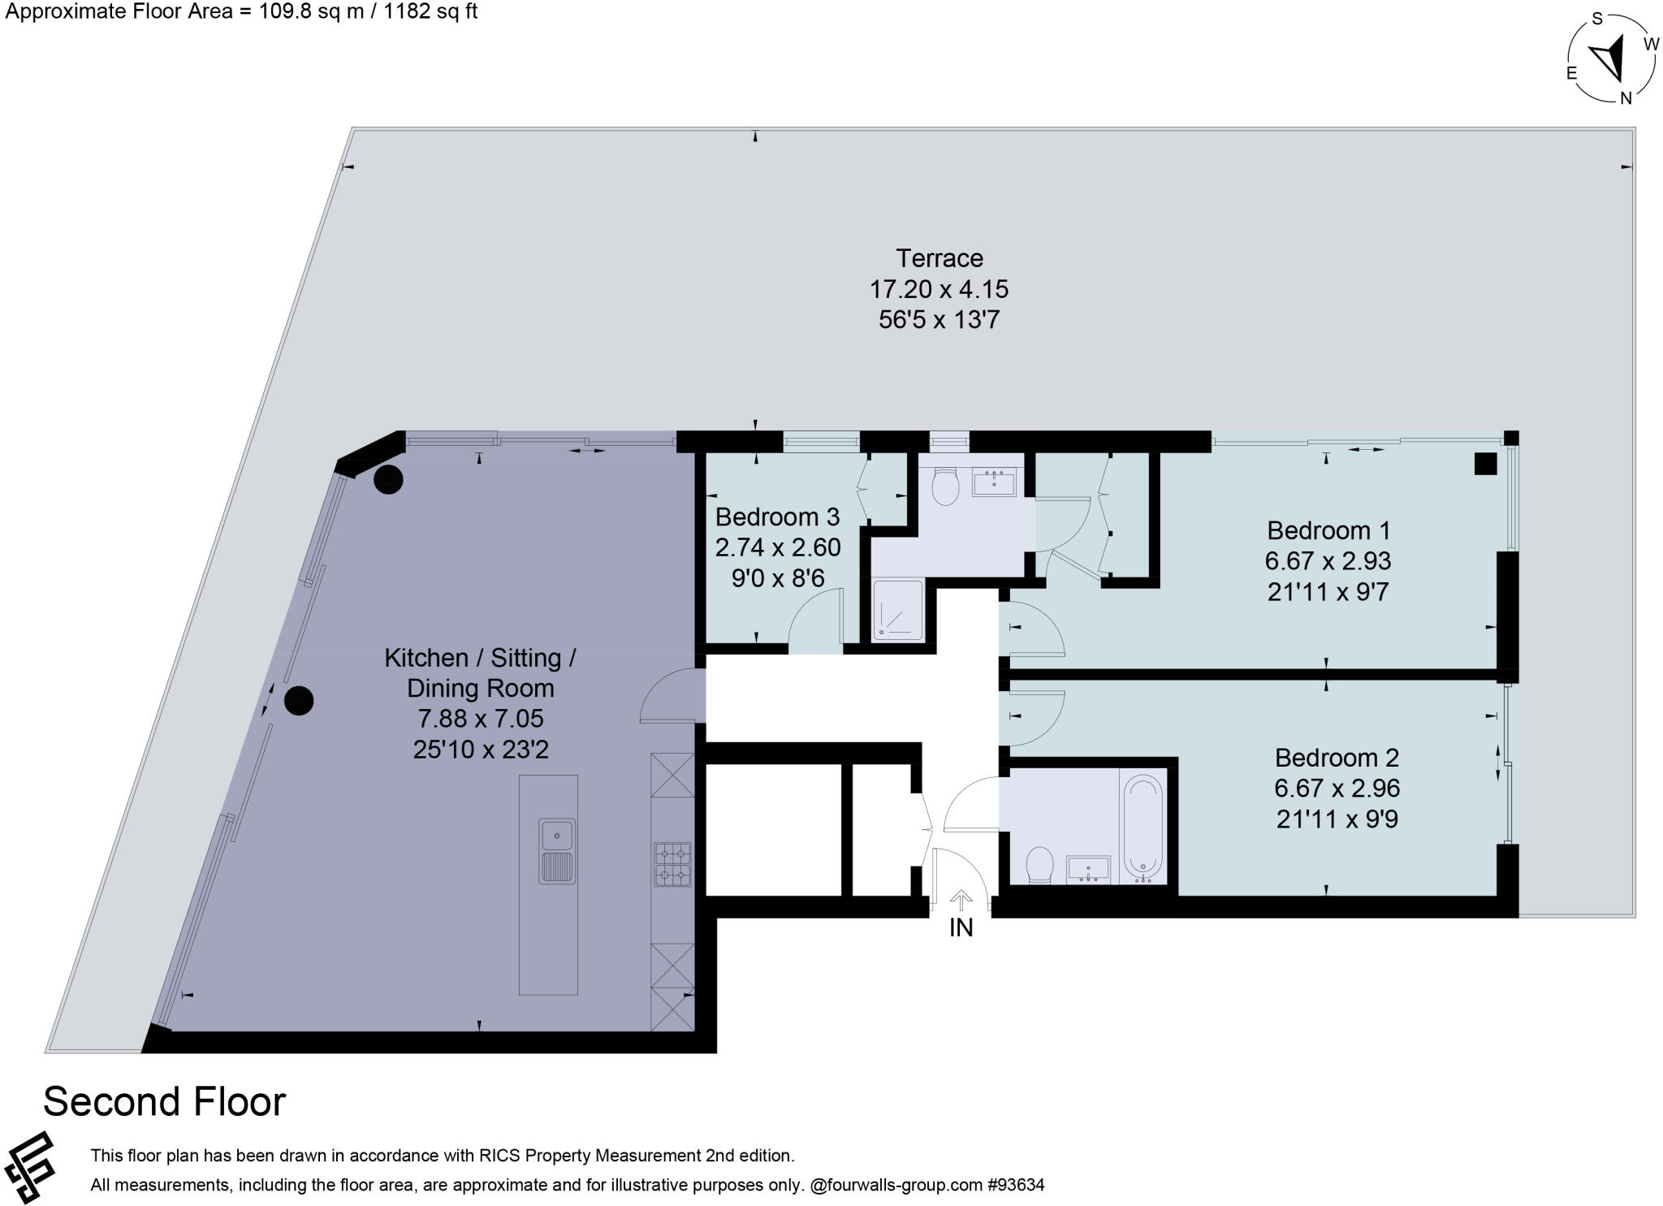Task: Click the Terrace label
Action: (939, 258)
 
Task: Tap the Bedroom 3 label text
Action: (777, 517)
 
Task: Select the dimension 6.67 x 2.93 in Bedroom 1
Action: (1328, 561)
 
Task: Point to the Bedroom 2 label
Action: (1336, 758)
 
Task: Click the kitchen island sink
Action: (557, 834)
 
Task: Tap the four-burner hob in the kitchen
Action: (672, 864)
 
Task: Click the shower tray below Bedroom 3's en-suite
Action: (898, 609)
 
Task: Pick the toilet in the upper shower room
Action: (946, 486)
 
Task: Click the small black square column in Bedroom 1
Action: (1485, 464)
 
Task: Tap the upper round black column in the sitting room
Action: (388, 479)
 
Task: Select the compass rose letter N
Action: (1626, 98)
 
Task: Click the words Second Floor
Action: (164, 1102)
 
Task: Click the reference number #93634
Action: (1016, 1185)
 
